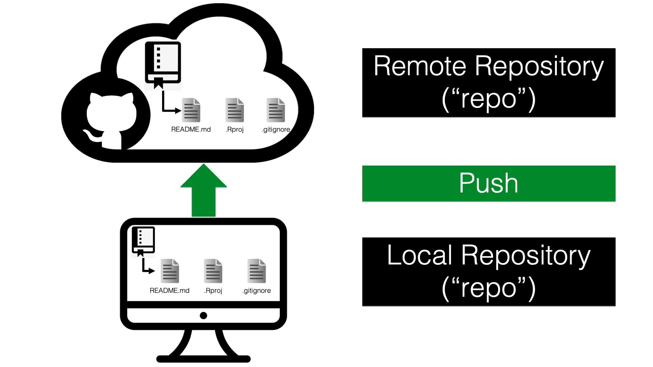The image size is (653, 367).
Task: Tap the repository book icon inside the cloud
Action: point(163,64)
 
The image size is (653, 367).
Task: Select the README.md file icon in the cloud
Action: point(191,110)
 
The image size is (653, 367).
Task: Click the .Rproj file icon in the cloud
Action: point(235,110)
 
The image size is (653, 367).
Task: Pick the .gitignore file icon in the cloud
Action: point(276,110)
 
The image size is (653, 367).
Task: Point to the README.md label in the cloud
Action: point(191,129)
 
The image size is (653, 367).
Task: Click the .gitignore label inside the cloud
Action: point(276,130)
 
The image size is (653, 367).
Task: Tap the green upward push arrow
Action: point(203,190)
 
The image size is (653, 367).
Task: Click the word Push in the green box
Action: point(488,183)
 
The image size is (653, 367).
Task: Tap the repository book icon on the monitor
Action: point(143,241)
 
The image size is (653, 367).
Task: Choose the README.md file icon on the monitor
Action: point(170,271)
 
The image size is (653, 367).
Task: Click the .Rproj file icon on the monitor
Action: point(213,271)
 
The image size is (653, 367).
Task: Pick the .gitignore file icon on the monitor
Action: point(257,271)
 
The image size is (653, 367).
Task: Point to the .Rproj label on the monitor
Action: point(213,291)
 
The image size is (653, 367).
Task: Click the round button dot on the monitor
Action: point(203,316)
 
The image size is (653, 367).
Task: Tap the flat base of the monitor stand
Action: point(203,359)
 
